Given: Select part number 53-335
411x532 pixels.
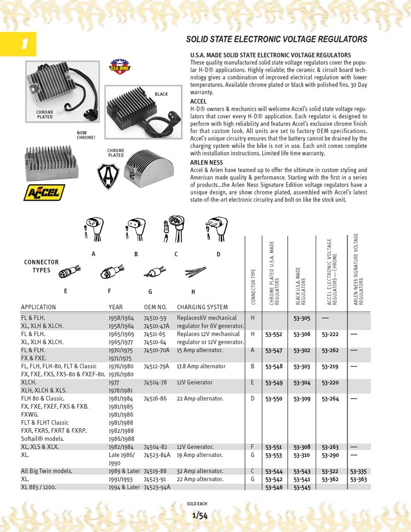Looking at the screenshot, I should pos(358,471).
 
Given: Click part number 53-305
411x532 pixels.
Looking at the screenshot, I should pos(301,318).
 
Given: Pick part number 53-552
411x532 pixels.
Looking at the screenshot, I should pos(273,334).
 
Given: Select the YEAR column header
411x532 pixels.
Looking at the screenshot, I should pos(116,307).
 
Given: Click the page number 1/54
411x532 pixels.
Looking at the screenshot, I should pos(199,515).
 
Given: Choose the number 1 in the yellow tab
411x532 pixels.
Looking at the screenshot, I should pos(24,44).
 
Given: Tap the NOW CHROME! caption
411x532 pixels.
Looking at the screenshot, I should pos(86,135).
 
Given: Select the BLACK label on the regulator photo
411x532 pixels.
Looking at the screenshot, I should pos(161,94).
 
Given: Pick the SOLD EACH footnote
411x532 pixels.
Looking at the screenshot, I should pos(197,504).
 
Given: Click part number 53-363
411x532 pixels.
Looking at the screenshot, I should pos(358,479).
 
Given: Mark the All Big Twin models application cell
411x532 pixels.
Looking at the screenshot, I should pos(47,471).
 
